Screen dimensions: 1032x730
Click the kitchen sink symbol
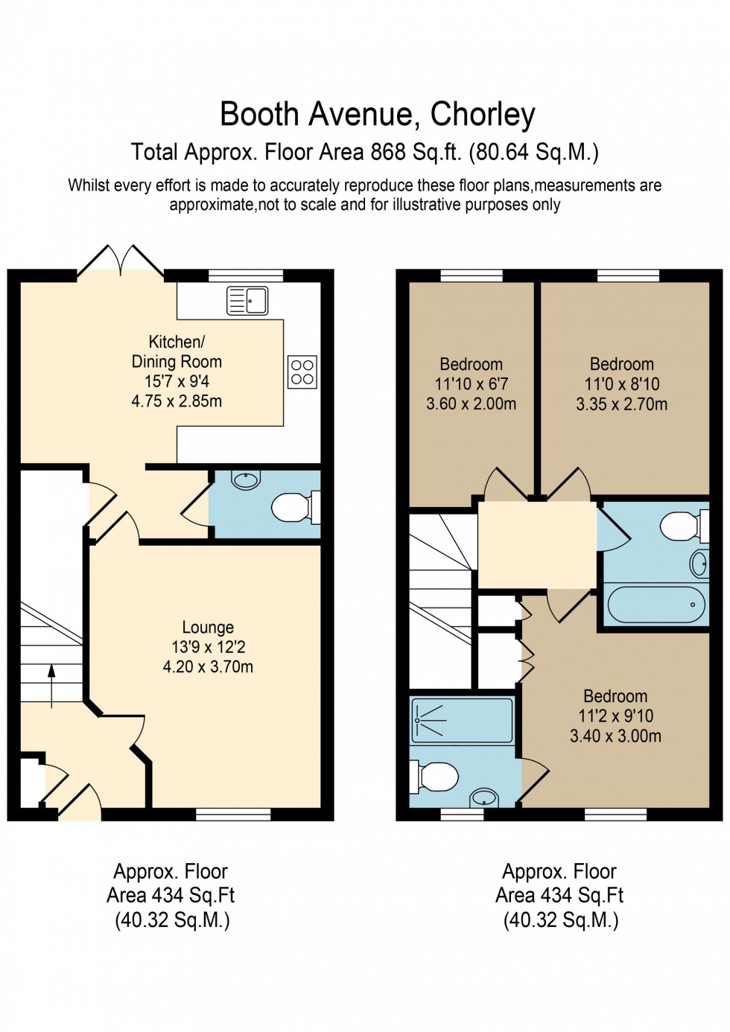coord(247,300)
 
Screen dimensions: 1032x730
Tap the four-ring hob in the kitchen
coord(302,372)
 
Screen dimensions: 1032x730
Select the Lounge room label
coord(208,628)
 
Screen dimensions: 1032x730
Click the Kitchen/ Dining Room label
coord(177,351)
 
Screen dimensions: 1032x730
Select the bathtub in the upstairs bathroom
coord(656,604)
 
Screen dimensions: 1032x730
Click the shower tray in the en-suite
coord(462,719)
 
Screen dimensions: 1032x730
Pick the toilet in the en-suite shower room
coord(435,777)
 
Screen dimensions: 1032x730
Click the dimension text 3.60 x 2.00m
coord(471,404)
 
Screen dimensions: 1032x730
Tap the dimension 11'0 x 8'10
coord(622,384)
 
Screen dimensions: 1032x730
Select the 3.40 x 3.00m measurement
coord(615,736)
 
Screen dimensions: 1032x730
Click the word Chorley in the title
coord(483,115)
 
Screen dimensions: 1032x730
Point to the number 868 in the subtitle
coord(388,152)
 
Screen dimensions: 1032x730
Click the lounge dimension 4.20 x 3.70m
coord(208,667)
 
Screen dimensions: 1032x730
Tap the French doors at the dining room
coord(121,262)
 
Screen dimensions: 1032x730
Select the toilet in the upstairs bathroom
coord(681,526)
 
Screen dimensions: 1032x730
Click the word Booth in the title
coord(259,115)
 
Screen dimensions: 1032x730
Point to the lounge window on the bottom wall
coord(233,814)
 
